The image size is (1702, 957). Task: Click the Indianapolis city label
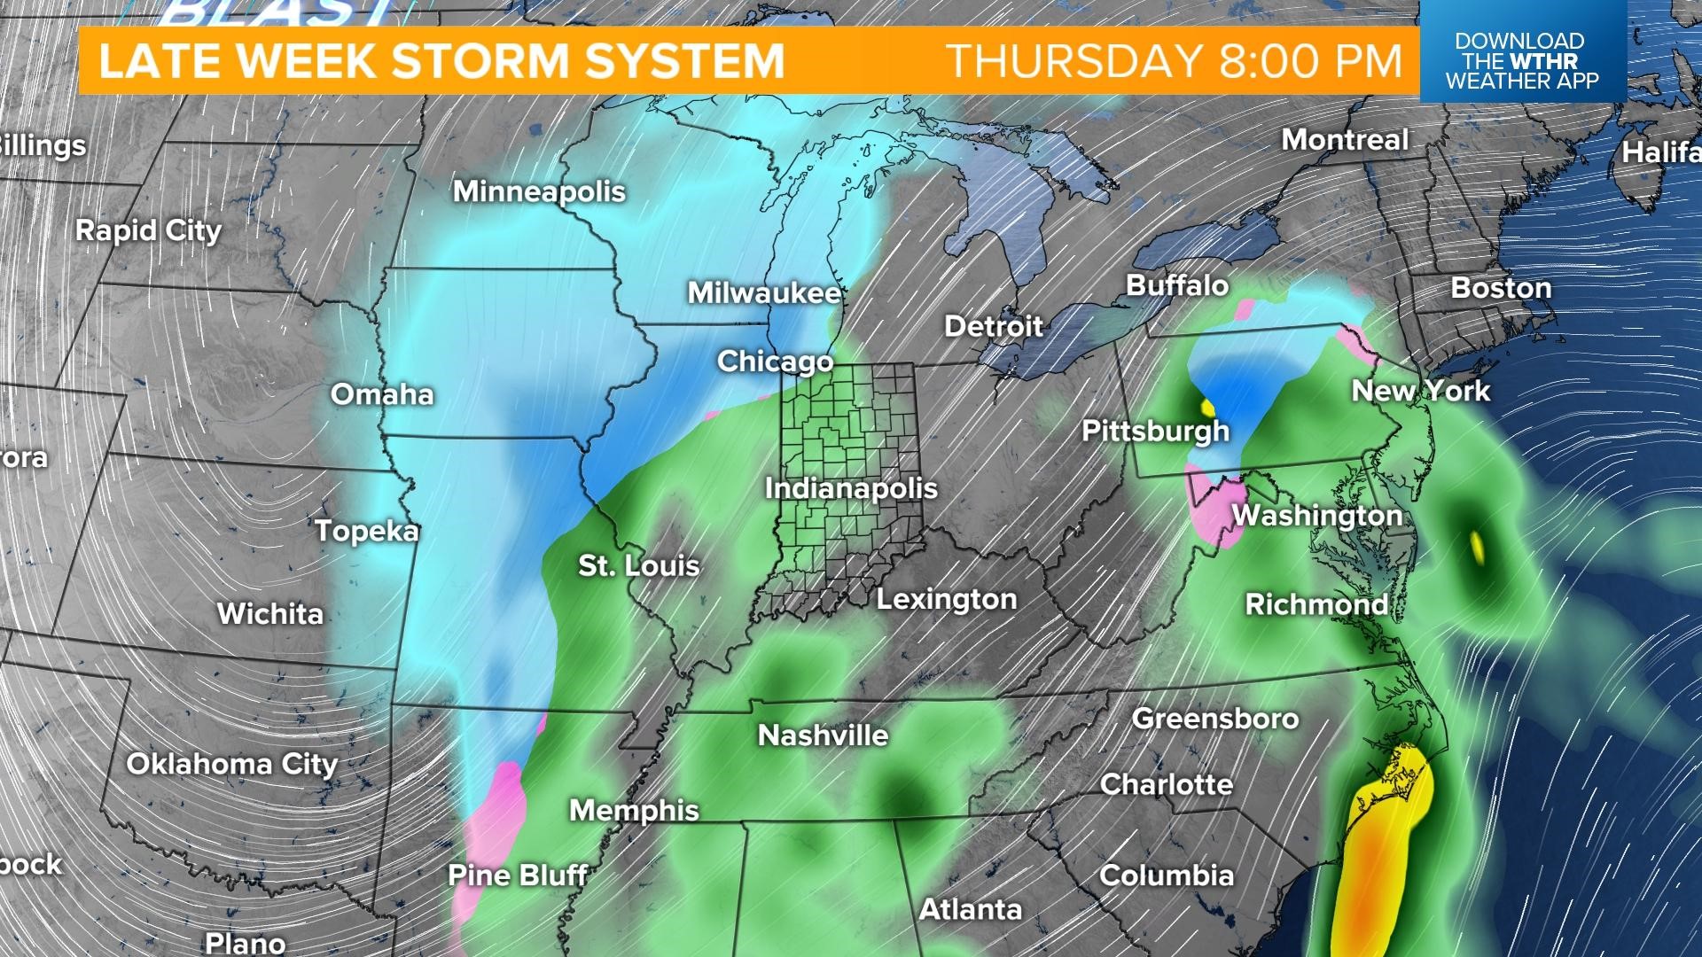[851, 488]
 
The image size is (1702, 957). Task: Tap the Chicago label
[775, 362]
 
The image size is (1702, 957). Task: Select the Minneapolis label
[539, 191]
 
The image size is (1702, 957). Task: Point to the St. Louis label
[639, 565]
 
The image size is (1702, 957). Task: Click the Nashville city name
[823, 735]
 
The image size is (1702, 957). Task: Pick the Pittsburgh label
[1155, 432]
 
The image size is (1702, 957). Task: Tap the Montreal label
[1344, 140]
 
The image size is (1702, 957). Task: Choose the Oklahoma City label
[232, 764]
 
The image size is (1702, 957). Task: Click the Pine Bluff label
[518, 875]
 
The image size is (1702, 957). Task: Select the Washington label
[1316, 516]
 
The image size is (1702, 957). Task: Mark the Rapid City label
[148, 231]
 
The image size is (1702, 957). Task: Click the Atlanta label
[970, 909]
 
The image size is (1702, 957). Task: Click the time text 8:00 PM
[1311, 60]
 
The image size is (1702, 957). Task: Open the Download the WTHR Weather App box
[1522, 60]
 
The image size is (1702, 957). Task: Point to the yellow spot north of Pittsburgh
[1207, 408]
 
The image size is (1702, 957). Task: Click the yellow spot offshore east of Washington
[1477, 546]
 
